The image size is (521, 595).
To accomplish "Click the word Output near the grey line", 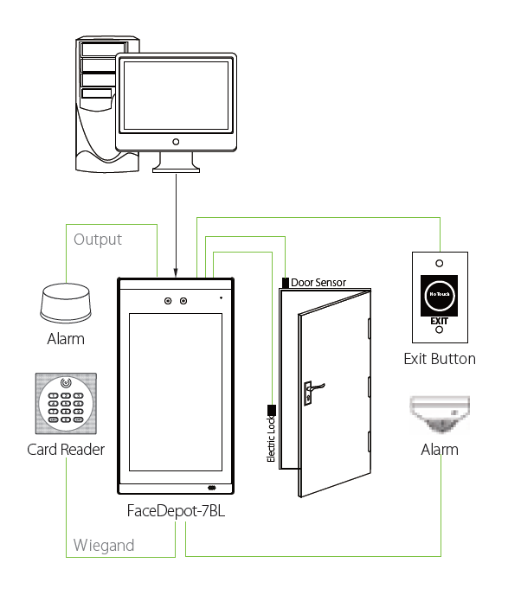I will click(x=98, y=240).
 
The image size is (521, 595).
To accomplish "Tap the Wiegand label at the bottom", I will click(x=104, y=545).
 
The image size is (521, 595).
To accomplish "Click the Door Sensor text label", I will click(x=318, y=282).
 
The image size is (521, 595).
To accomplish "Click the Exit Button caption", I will click(x=440, y=358).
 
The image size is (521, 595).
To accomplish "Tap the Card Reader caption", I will click(x=66, y=450).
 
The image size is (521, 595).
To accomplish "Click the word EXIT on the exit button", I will click(x=440, y=319).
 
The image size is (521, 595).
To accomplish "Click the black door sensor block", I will click(x=286, y=282).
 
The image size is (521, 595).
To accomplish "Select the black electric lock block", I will click(x=272, y=409).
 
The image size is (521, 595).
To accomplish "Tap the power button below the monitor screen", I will click(x=176, y=141).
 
